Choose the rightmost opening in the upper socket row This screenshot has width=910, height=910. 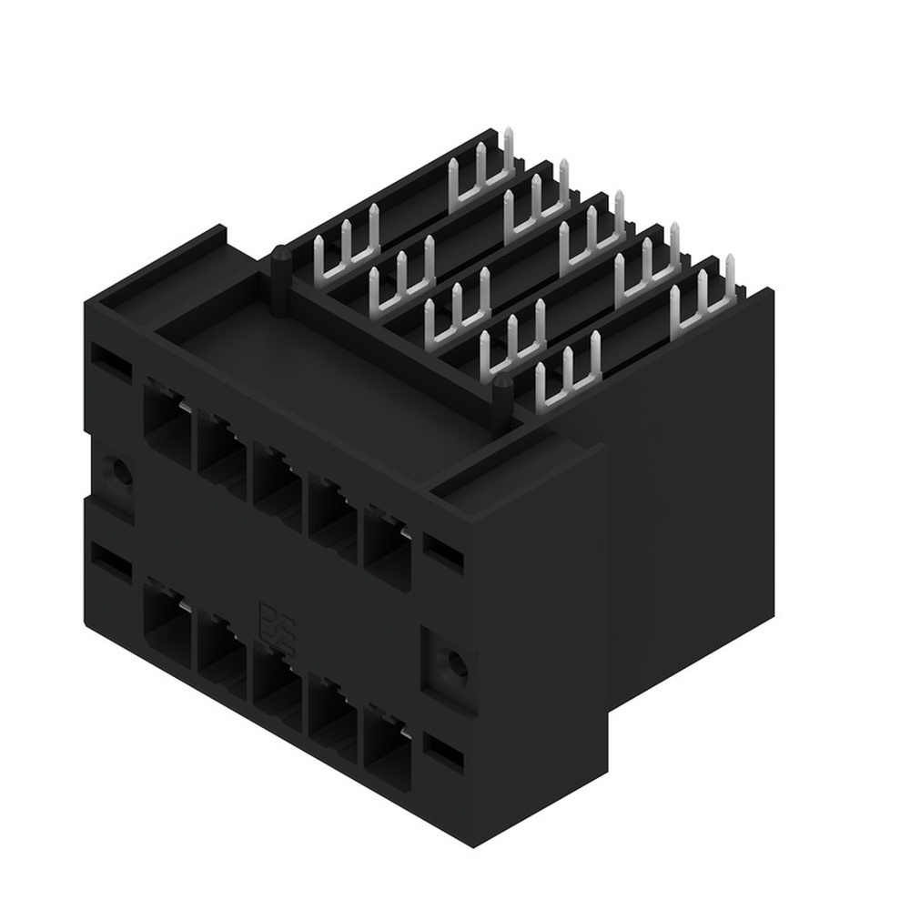tap(387, 541)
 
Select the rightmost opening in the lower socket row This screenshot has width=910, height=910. tap(387, 739)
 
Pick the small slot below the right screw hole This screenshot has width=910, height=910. tap(445, 752)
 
